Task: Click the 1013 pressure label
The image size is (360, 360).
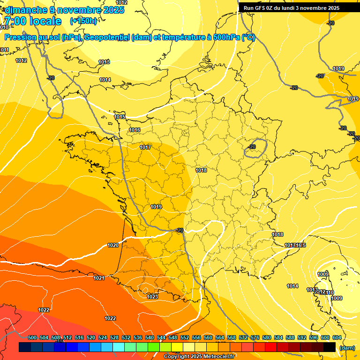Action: pyautogui.click(x=104, y=62)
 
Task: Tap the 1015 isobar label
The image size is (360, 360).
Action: pyautogui.click(x=120, y=117)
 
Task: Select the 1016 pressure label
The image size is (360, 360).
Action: pyautogui.click(x=135, y=130)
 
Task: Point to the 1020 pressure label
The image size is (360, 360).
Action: pyautogui.click(x=113, y=245)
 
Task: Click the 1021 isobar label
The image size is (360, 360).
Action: pyautogui.click(x=99, y=278)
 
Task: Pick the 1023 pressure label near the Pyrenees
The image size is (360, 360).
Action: pyautogui.click(x=152, y=297)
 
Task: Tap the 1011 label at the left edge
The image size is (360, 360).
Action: pyautogui.click(x=5, y=50)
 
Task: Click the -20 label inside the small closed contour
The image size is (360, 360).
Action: pyautogui.click(x=252, y=147)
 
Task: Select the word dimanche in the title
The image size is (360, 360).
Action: pyautogui.click(x=26, y=10)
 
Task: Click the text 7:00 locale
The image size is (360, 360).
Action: pyautogui.click(x=33, y=21)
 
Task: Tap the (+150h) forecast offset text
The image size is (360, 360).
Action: pyautogui.click(x=83, y=21)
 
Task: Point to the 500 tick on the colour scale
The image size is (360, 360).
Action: pyautogui.click(x=32, y=337)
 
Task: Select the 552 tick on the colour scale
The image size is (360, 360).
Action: pyautogui.click(x=185, y=337)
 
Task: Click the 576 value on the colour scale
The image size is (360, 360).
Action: pyautogui.click(x=255, y=337)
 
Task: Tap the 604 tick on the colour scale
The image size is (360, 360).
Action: pyautogui.click(x=337, y=337)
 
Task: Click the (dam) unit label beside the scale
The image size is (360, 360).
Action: pyautogui.click(x=347, y=348)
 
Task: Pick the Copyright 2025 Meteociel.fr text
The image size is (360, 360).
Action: pyautogui.click(x=199, y=357)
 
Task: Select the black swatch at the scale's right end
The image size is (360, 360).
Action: pyautogui.click(x=330, y=347)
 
